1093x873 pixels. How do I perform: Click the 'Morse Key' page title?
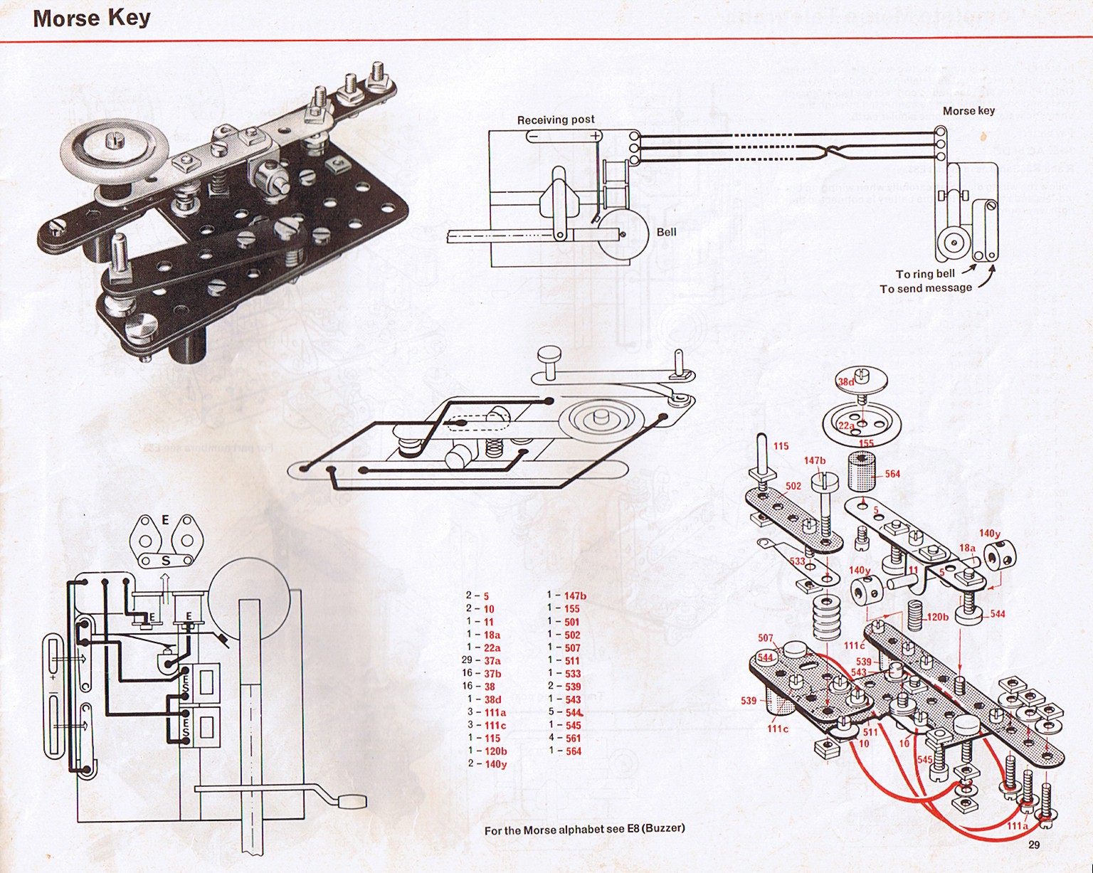91,18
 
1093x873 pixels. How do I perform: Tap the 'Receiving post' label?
555,120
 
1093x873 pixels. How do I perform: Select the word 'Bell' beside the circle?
666,232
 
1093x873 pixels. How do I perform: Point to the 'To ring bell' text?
925,274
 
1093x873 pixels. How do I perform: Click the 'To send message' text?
925,288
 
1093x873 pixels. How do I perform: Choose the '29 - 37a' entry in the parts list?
482,660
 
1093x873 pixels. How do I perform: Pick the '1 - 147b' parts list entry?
566,596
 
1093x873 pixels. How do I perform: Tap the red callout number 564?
892,474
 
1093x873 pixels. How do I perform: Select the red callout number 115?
781,446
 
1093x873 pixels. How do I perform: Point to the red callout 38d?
845,382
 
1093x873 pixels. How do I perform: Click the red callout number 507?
765,638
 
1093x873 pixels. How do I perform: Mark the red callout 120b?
937,616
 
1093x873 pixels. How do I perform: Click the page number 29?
1034,845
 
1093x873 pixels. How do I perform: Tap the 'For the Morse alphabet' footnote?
584,829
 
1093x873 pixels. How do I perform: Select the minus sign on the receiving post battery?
532,136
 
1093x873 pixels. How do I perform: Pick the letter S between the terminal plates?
165,561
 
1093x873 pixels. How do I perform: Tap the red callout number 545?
924,760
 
